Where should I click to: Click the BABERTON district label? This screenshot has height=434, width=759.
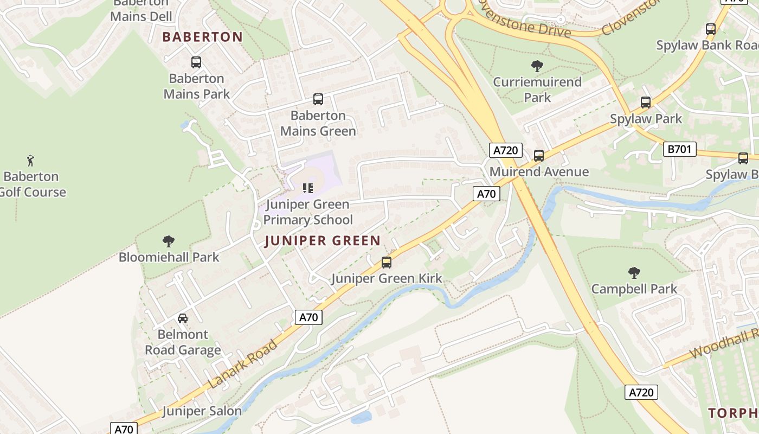(202, 37)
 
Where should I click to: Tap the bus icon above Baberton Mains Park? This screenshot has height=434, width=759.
(196, 62)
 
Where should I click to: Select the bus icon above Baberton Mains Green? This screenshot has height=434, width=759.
(318, 99)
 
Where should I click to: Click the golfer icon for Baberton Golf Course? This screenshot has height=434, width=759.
(31, 161)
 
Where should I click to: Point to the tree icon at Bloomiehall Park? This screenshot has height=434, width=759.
(169, 241)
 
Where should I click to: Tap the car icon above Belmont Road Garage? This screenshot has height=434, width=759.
(183, 318)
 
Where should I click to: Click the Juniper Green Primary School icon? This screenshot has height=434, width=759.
(308, 188)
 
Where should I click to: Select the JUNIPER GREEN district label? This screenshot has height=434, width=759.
(323, 241)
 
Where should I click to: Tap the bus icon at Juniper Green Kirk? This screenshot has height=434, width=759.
(387, 263)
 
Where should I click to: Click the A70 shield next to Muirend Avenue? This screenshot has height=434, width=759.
(486, 194)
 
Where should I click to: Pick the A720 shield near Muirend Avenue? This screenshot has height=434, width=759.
(505, 150)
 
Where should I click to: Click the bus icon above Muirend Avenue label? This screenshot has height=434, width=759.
(538, 156)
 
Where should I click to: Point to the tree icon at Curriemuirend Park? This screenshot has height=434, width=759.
(537, 66)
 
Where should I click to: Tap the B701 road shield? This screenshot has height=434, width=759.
(679, 149)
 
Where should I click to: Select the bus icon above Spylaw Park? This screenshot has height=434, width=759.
(645, 103)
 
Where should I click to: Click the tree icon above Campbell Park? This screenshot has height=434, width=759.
(634, 272)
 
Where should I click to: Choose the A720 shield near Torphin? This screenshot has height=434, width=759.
(641, 392)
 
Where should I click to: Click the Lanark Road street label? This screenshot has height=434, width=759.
(242, 364)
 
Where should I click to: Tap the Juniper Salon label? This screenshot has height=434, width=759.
(202, 411)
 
